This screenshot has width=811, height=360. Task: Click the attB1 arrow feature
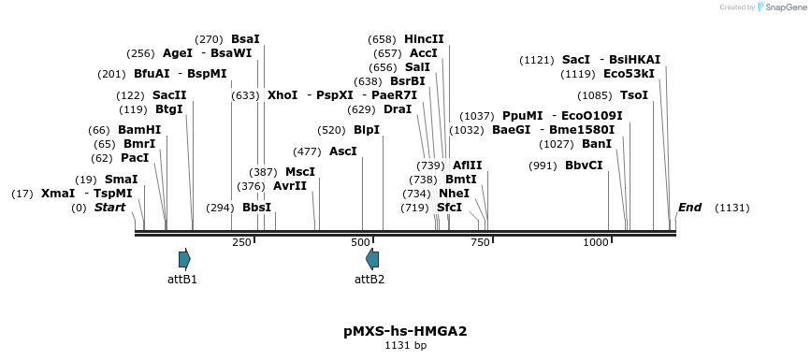point(184,259)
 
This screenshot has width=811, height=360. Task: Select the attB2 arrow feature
point(372,259)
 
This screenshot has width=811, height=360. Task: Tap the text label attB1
point(182,279)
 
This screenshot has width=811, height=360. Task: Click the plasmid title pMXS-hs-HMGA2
point(405,331)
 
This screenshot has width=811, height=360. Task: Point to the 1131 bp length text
point(405,346)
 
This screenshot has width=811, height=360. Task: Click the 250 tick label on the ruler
point(241,242)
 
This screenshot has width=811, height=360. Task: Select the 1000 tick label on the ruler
point(596,242)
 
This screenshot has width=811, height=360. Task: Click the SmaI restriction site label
point(121,179)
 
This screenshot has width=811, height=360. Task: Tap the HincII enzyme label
point(424,38)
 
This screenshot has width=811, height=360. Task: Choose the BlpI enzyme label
point(367,130)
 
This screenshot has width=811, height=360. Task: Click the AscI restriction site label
point(343,151)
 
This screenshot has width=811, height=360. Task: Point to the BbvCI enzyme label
point(584,166)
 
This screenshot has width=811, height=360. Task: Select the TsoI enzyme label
point(633,95)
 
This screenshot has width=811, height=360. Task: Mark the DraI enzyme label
point(398,109)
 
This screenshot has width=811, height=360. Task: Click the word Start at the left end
point(109,208)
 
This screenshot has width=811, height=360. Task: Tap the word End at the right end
point(689,208)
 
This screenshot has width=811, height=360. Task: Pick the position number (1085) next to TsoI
point(595,95)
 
